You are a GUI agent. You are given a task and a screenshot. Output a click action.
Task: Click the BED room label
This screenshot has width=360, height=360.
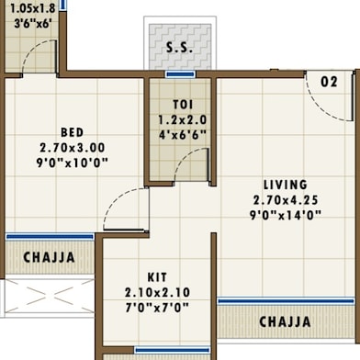point(73,132)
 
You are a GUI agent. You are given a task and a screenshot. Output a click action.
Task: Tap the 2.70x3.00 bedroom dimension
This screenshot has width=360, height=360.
point(73,148)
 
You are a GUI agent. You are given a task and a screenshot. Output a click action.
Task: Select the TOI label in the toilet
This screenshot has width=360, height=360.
point(183,105)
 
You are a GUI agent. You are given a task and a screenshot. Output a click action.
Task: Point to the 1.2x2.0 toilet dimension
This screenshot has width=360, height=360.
point(183,119)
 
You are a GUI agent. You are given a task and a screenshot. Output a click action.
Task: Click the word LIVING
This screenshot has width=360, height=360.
point(286,185)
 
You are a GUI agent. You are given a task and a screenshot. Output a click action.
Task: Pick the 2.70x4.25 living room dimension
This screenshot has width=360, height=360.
point(286,200)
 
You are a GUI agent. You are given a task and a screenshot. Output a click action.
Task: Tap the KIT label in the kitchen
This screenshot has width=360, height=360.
point(157,277)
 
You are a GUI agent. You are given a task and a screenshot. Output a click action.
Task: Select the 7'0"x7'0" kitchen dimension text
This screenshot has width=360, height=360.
point(157,308)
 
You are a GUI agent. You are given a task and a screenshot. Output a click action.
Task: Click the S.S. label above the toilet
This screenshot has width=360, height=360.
point(179,48)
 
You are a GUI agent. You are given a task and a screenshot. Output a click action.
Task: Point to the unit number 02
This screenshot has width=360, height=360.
point(329,82)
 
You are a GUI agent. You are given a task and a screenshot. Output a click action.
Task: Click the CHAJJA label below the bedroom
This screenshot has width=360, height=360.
point(49,257)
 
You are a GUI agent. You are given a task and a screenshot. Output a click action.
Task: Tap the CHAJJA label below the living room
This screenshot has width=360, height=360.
point(285,322)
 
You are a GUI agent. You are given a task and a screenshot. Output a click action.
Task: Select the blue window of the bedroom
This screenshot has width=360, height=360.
point(50,237)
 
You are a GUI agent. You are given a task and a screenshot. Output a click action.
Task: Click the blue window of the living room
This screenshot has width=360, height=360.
point(286,301)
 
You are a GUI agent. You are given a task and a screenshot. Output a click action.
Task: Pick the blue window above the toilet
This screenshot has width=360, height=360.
point(180,74)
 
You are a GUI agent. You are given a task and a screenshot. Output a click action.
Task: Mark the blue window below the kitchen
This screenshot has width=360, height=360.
point(173,350)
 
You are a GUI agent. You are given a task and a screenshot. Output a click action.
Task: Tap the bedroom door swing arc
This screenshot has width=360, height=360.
point(114,199)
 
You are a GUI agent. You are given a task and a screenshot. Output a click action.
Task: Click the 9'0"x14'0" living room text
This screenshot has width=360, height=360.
point(286,215)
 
